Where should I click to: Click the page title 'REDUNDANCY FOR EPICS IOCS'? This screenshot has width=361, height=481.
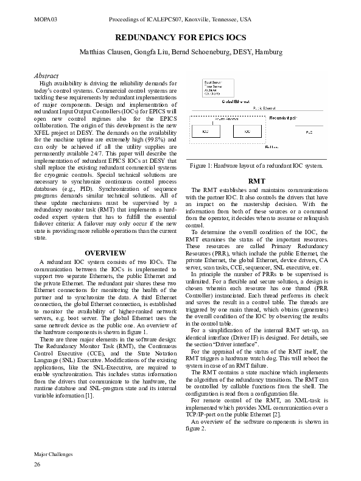181,38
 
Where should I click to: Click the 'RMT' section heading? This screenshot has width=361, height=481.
256,181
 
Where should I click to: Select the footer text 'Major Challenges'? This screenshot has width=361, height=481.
53,454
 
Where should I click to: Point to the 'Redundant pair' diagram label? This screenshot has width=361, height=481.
283,116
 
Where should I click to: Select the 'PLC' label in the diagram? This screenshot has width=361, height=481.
309,132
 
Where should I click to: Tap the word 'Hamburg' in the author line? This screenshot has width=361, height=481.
268,52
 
